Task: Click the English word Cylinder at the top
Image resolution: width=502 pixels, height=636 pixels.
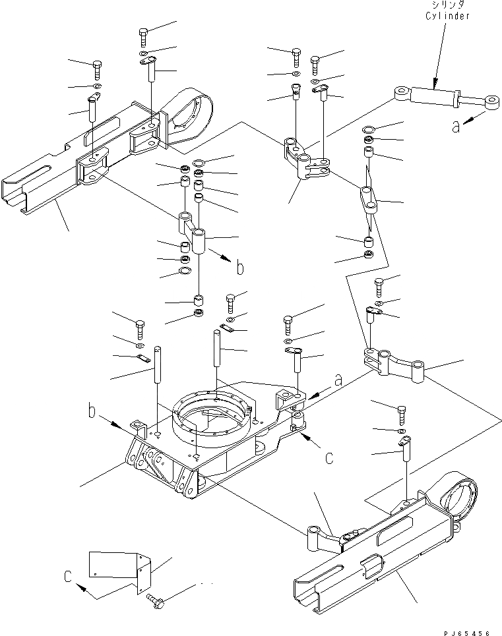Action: (447, 16)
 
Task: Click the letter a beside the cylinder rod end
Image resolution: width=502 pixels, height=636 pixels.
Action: (456, 126)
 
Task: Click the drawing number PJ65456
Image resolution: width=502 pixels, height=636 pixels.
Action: (467, 631)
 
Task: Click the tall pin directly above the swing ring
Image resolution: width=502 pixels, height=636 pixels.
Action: (216, 356)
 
